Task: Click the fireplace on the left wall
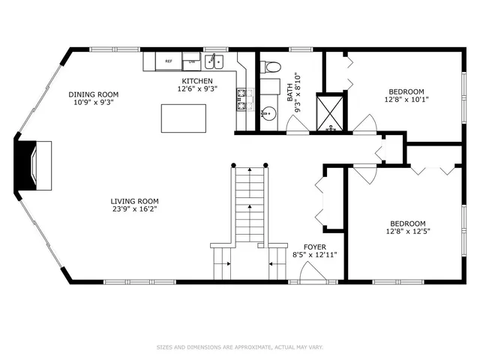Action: (x=34, y=164)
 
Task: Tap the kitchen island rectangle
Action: (x=184, y=118)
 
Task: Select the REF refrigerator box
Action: (x=169, y=61)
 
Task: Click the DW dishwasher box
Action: (x=192, y=61)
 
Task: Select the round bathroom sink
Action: (x=268, y=115)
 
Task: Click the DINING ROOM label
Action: (x=94, y=94)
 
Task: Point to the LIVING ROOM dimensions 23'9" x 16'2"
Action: (x=134, y=210)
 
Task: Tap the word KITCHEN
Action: (x=197, y=81)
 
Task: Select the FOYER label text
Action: (x=314, y=246)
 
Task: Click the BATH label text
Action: (x=290, y=91)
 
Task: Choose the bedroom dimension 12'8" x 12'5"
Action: (x=407, y=232)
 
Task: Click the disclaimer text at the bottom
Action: (x=239, y=347)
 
